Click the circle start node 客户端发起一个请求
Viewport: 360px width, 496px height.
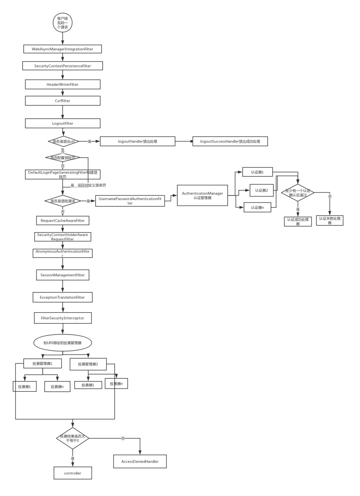[62, 23]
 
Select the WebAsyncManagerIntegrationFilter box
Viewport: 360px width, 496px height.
[62, 49]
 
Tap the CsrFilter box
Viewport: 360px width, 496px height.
[62, 101]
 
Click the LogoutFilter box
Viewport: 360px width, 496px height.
[62, 123]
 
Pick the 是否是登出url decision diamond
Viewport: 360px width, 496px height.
[63, 141]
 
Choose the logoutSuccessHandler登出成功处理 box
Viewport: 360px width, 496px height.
[230, 141]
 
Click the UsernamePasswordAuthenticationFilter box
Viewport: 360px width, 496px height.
[130, 201]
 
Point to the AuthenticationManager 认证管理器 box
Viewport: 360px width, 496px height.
[202, 195]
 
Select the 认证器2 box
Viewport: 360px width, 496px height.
[261, 190]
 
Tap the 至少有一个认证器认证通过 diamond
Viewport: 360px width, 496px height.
[298, 193]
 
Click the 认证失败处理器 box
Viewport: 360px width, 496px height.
[329, 220]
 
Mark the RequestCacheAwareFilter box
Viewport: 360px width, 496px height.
[63, 220]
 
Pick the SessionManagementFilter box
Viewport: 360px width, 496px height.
[63, 275]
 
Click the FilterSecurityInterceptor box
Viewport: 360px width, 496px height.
[63, 318]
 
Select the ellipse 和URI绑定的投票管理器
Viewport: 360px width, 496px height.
[63, 343]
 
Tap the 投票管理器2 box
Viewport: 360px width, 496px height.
[88, 364]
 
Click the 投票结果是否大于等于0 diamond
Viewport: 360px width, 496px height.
[73, 438]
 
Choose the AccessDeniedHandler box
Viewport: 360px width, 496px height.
[140, 461]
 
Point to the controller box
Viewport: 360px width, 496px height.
[73, 473]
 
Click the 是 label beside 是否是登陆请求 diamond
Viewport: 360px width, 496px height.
[88, 201]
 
